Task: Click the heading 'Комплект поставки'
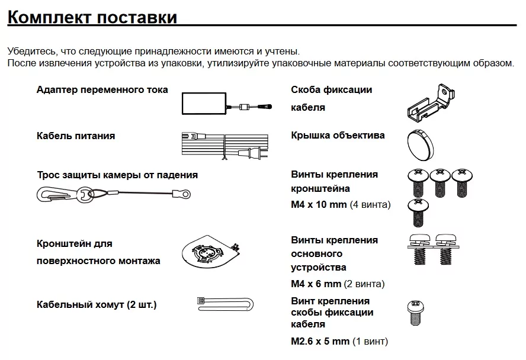pyautogui.click(x=92, y=17)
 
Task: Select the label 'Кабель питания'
pyautogui.click(x=76, y=136)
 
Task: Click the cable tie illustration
pyautogui.click(x=225, y=305)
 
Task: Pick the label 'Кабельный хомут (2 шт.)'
pyautogui.click(x=97, y=305)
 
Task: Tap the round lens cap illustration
pyautogui.click(x=422, y=142)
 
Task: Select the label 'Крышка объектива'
pyautogui.click(x=338, y=136)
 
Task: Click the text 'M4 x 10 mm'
pyautogui.click(x=319, y=205)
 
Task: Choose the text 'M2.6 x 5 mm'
pyautogui.click(x=320, y=341)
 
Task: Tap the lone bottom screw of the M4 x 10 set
pyautogui.click(x=418, y=212)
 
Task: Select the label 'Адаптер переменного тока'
pyautogui.click(x=102, y=90)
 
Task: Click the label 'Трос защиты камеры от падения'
pyautogui.click(x=117, y=175)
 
